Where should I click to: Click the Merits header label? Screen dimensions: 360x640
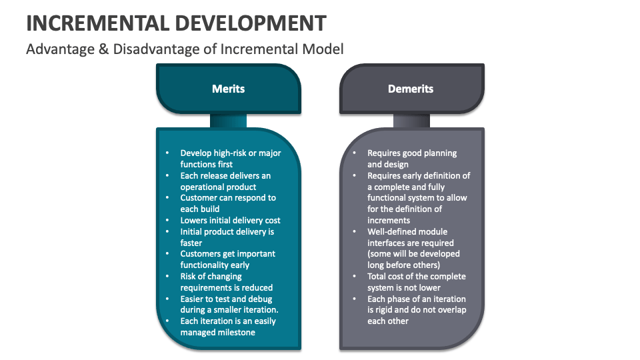pyautogui.click(x=228, y=89)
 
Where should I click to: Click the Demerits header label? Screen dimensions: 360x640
pyautogui.click(x=411, y=89)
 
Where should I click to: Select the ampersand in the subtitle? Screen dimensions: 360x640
pyautogui.click(x=103, y=49)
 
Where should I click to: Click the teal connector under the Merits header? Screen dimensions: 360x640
pyautogui.click(x=228, y=120)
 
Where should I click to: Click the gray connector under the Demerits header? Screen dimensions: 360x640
pyautogui.click(x=411, y=120)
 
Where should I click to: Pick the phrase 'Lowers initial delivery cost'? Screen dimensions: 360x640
pyautogui.click(x=230, y=220)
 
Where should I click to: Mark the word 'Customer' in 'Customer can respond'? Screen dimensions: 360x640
pyautogui.click(x=200, y=198)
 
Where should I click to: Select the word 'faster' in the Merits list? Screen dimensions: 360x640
pyautogui.click(x=191, y=243)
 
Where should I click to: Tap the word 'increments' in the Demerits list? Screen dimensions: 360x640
pyautogui.click(x=389, y=220)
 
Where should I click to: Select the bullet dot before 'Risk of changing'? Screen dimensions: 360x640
pyautogui.click(x=167, y=276)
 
